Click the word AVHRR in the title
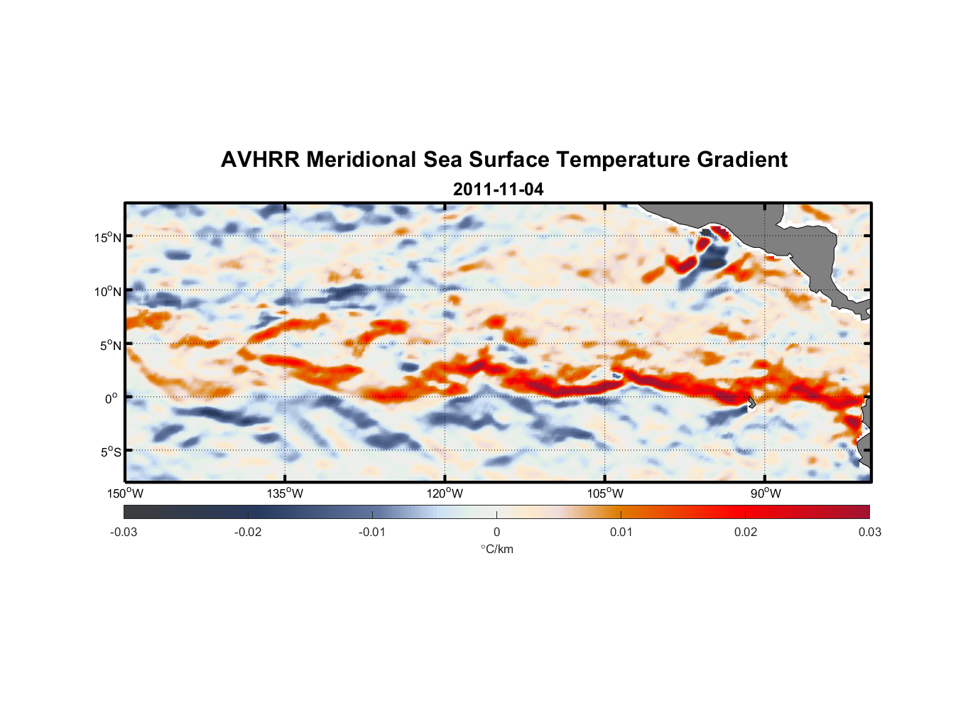pyautogui.click(x=260, y=160)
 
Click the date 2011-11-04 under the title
pyautogui.click(x=498, y=190)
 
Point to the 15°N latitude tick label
pyautogui.click(x=107, y=237)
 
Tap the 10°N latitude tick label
pyautogui.click(x=107, y=291)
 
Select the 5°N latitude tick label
pyautogui.click(x=110, y=345)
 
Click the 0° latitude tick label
pyautogui.click(x=111, y=398)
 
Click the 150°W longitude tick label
pyautogui.click(x=125, y=493)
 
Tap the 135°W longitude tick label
pyautogui.click(x=285, y=493)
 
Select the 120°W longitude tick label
pyautogui.click(x=445, y=493)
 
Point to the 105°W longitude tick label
pyautogui.click(x=605, y=493)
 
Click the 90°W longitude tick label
pyautogui.click(x=766, y=493)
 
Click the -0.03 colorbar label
pyautogui.click(x=124, y=532)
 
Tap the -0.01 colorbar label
pyautogui.click(x=372, y=532)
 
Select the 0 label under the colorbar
pyautogui.click(x=496, y=532)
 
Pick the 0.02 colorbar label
pyautogui.click(x=746, y=532)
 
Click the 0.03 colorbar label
pyautogui.click(x=869, y=532)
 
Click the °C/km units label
pyautogui.click(x=496, y=549)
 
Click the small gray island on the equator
pyautogui.click(x=751, y=402)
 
